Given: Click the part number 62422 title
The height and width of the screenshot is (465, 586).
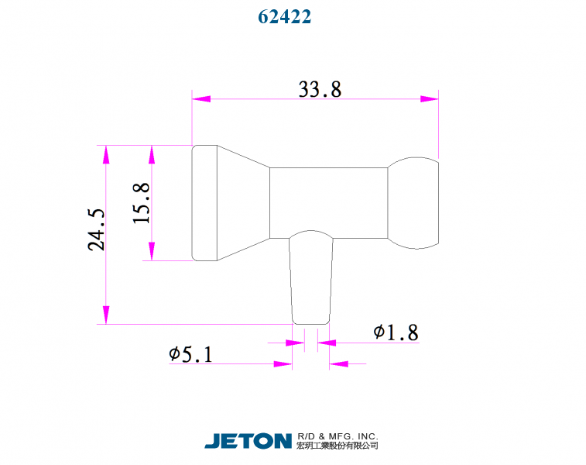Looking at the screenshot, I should [x=284, y=16].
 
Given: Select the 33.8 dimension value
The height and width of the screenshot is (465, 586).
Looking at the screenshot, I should [x=320, y=89].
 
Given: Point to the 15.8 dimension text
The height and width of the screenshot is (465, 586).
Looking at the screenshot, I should [x=141, y=203].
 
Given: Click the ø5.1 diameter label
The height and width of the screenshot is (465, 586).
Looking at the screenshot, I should [x=190, y=355].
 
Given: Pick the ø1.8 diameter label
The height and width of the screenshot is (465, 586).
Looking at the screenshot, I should [x=396, y=332].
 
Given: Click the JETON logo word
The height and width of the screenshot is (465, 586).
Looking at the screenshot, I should [x=248, y=441].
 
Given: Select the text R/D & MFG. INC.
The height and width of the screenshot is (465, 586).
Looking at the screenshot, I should [x=337, y=436].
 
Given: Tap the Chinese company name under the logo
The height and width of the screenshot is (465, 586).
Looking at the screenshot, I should [x=337, y=446].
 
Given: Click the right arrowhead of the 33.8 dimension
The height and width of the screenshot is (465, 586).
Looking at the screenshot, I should [x=430, y=99].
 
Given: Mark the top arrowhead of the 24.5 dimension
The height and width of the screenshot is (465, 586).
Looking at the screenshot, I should [x=105, y=153].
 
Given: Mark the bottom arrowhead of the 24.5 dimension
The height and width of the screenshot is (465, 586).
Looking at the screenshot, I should [x=105, y=315].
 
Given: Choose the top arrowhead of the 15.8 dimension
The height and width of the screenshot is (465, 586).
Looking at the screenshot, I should [x=152, y=153].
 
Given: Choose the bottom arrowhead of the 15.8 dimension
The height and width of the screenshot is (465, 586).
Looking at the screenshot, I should [x=152, y=252].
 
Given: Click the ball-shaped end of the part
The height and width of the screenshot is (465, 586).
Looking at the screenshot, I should [x=414, y=203].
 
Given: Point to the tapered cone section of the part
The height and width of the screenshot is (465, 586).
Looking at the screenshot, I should [x=242, y=203].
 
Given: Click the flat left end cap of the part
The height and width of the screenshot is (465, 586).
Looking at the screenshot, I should [x=204, y=203].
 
